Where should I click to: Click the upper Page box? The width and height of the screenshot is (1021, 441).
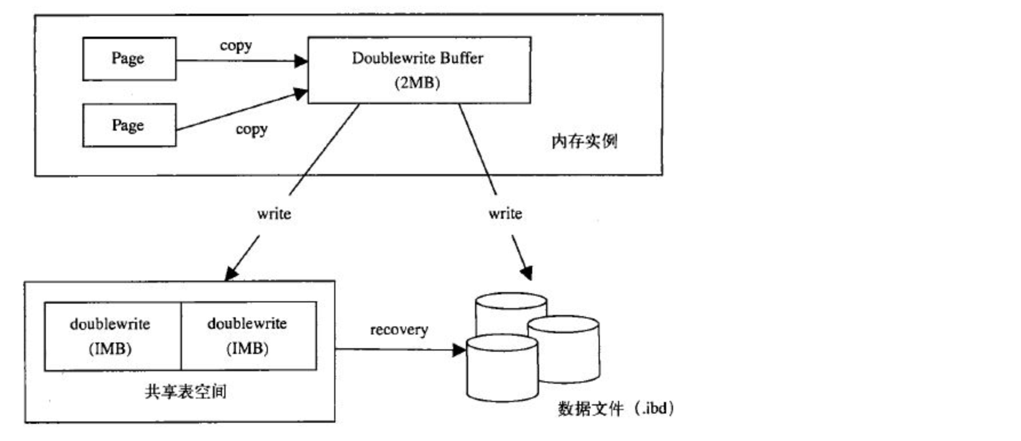[129, 59]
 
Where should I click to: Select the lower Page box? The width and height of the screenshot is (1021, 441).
[129, 125]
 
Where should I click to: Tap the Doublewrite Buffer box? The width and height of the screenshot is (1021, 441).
[418, 70]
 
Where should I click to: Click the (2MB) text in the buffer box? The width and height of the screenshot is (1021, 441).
[417, 83]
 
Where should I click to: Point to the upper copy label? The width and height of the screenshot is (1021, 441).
[236, 46]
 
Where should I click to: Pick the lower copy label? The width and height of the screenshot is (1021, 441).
[252, 129]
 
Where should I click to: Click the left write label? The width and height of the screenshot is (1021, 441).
[274, 214]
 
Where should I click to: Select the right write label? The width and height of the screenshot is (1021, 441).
[505, 214]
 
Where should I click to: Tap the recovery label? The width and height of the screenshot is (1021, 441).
[399, 330]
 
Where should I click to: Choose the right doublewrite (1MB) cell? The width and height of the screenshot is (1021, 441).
[248, 336]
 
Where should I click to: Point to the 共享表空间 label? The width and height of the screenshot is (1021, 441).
[185, 392]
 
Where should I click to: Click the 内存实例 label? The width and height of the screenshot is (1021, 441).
[584, 141]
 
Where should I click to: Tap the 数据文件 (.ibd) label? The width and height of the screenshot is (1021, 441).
[616, 408]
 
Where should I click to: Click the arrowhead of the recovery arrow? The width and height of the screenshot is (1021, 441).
[460, 349]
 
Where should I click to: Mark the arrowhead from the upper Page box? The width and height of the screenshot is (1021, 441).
[301, 61]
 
